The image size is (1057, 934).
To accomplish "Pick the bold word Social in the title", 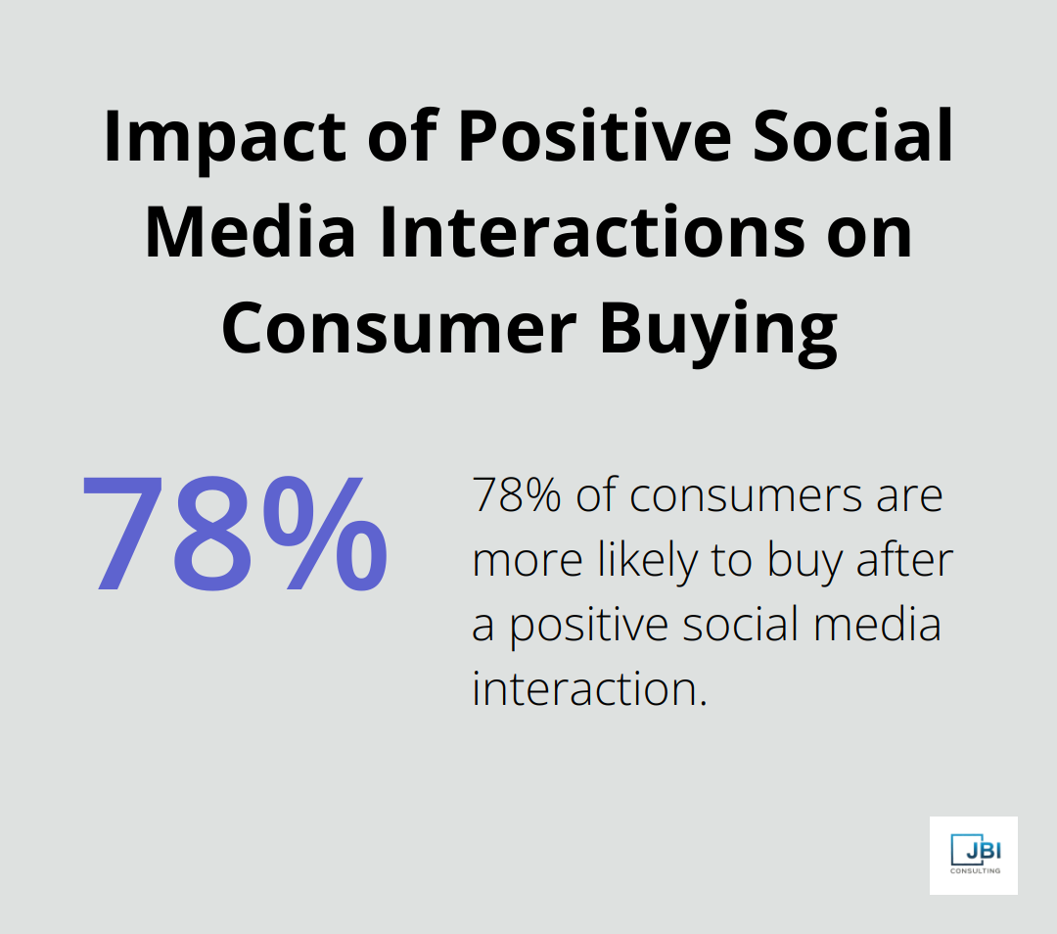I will (862, 138).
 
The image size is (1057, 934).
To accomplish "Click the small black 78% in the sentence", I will (516, 495).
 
